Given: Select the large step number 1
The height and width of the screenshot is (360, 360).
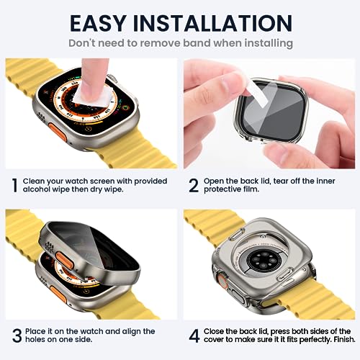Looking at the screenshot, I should tap(13, 184).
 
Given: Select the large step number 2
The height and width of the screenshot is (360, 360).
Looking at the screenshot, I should tap(193, 185).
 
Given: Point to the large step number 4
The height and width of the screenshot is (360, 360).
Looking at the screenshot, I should tap(193, 336).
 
